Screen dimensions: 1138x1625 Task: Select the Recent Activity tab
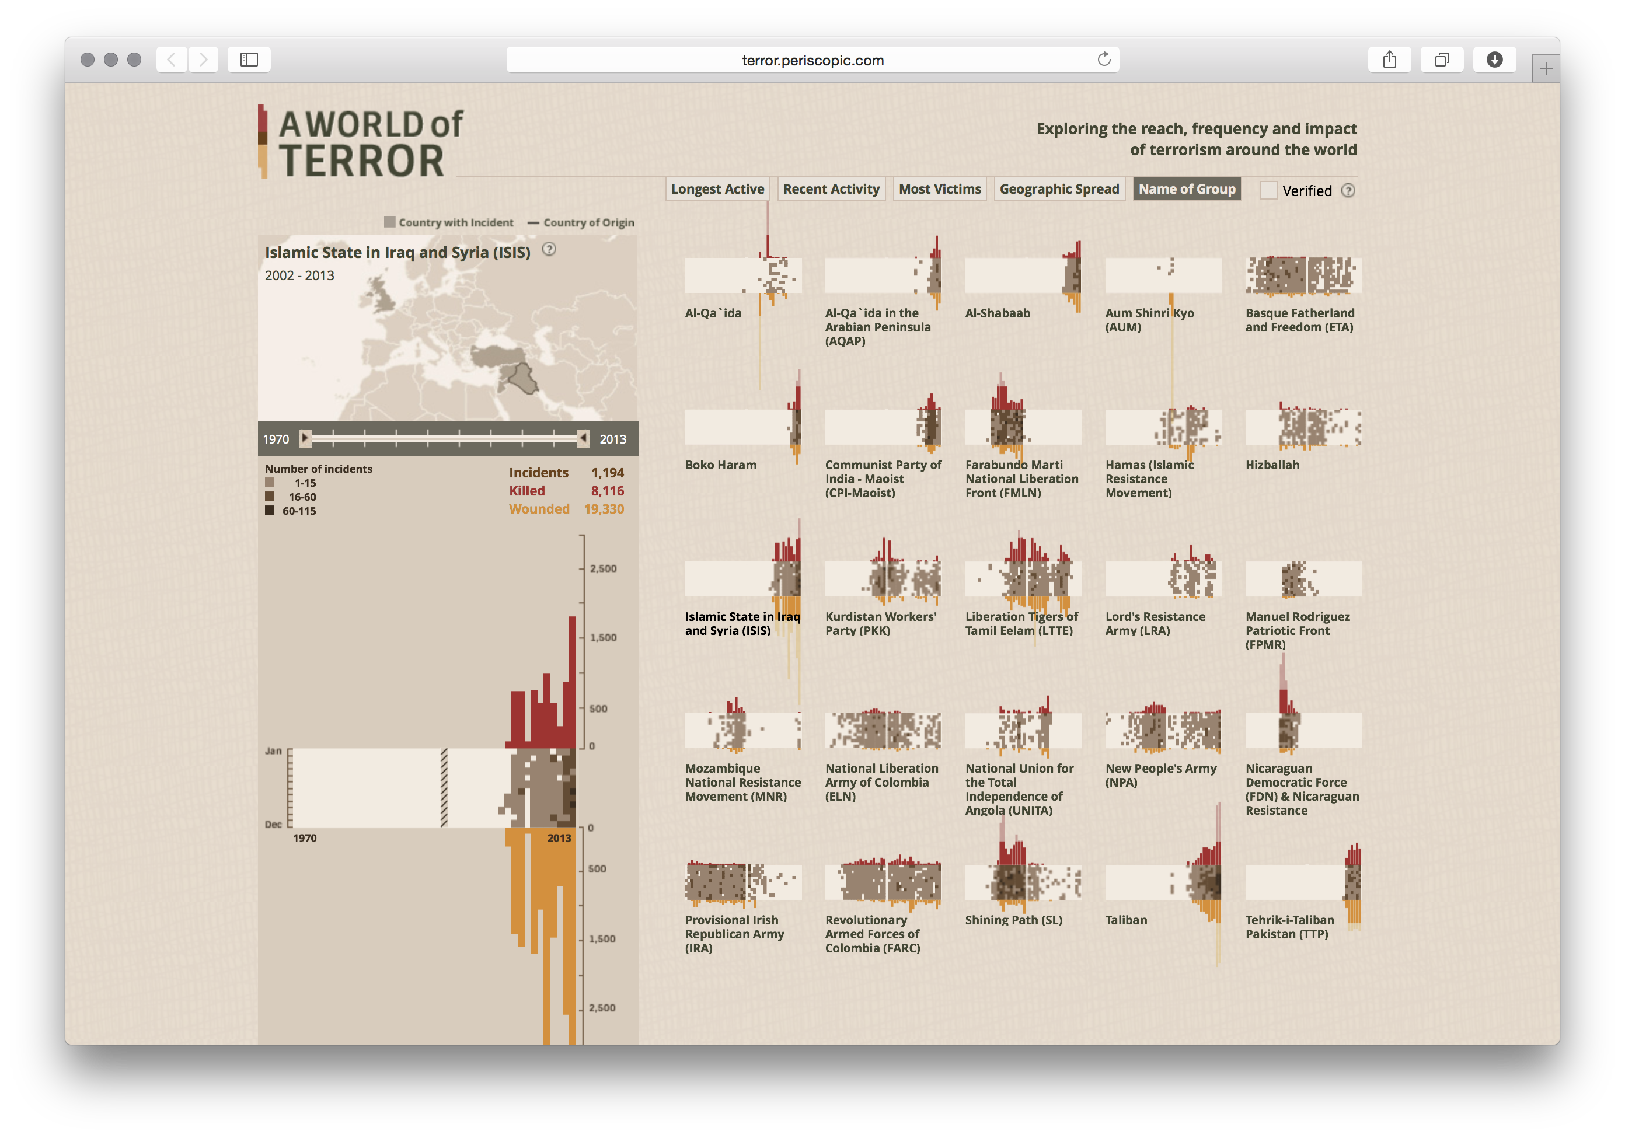(831, 189)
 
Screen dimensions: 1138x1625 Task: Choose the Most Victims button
(939, 189)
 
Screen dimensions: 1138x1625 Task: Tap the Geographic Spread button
(1059, 189)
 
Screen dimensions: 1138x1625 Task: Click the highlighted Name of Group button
(1186, 189)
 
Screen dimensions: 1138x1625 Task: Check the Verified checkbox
(1268, 190)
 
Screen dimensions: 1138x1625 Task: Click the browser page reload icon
(1103, 60)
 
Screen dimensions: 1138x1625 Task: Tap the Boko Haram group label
(720, 465)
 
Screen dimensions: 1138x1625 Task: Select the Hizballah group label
(1272, 465)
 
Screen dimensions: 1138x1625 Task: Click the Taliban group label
(1126, 920)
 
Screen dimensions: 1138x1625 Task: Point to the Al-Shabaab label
(997, 313)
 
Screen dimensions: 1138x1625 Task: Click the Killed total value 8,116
(607, 490)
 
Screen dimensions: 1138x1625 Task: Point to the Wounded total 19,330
(604, 509)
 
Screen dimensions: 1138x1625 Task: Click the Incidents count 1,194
(607, 472)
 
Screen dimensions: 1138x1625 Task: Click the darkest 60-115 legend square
(270, 510)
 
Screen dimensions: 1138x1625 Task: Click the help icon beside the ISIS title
(549, 249)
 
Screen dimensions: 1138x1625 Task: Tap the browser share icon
(1389, 60)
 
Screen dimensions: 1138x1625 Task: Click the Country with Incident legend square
(389, 222)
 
